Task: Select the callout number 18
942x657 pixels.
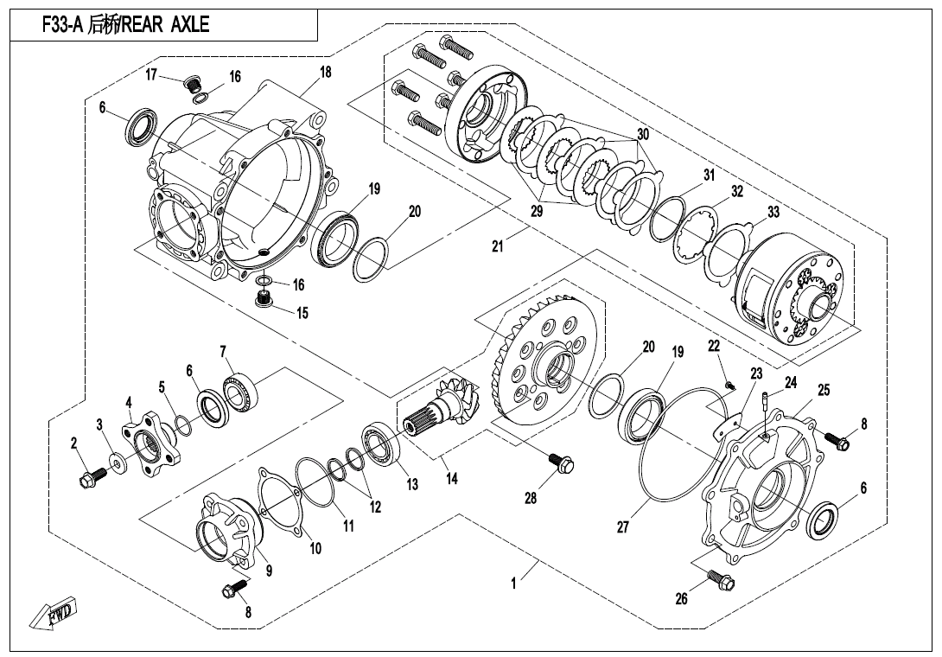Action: [x=326, y=73]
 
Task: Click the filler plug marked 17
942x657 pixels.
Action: [x=192, y=84]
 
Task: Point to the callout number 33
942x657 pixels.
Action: [x=773, y=211]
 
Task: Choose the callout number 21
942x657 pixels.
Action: [x=497, y=246]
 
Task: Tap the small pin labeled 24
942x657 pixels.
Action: [x=766, y=399]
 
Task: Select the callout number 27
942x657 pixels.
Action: [x=622, y=527]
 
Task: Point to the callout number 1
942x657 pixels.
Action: [x=513, y=584]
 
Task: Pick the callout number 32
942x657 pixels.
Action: [x=736, y=192]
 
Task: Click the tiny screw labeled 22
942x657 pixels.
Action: [x=728, y=384]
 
